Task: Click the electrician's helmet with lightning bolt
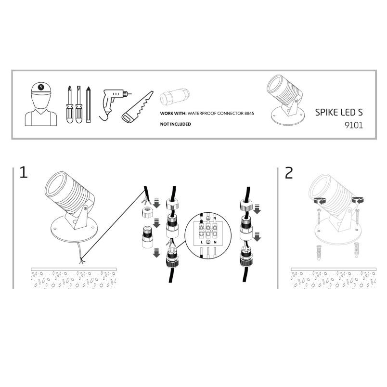[41, 88]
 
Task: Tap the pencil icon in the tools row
[89, 104]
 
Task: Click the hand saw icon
[138, 107]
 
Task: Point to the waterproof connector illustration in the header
[175, 97]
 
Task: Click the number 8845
[249, 113]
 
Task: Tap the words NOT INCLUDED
[176, 124]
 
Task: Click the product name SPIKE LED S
[339, 112]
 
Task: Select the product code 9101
[354, 125]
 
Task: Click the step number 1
[24, 172]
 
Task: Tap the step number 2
[289, 173]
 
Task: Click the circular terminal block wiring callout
[208, 236]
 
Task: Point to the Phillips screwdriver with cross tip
[70, 104]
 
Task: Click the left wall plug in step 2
[319, 252]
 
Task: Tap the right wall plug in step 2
[357, 250]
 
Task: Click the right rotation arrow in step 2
[358, 200]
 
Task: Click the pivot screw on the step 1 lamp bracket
[85, 208]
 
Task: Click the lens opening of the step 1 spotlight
[55, 185]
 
